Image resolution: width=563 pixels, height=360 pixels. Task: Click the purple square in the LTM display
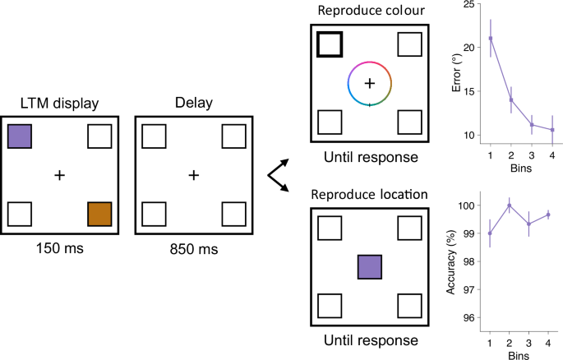click(20, 136)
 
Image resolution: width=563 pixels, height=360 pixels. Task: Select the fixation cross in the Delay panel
click(193, 175)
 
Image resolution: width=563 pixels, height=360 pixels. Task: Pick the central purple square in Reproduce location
click(370, 267)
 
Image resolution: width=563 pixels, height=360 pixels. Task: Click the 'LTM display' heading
click(60, 102)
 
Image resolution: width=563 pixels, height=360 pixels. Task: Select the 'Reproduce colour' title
click(369, 9)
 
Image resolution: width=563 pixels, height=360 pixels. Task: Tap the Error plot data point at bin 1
click(491, 39)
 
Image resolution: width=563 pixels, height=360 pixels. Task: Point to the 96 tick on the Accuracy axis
click(472, 317)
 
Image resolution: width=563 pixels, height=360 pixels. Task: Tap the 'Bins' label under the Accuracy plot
click(519, 354)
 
